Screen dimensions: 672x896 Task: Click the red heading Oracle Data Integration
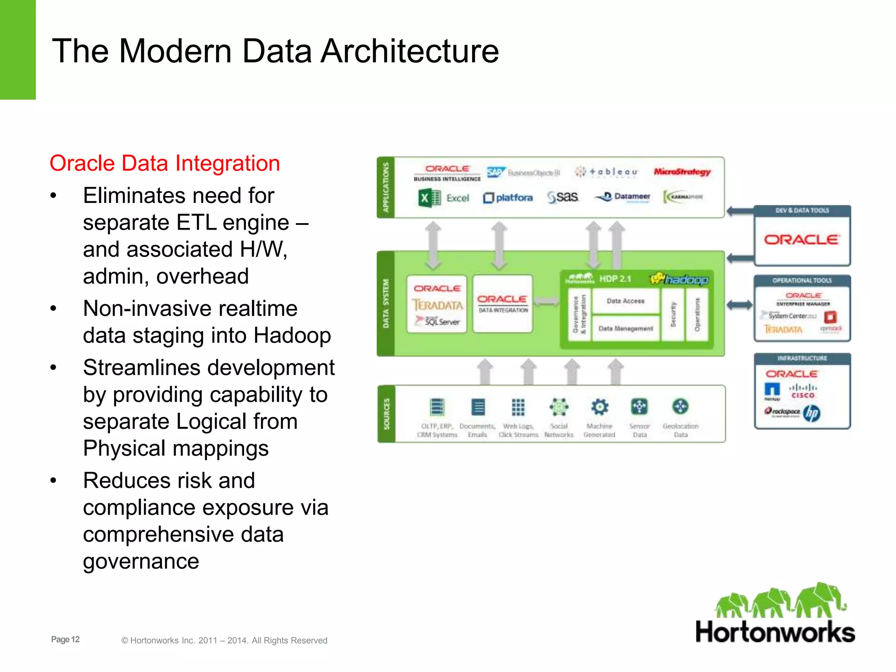(164, 163)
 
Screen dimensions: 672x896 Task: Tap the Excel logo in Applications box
(443, 198)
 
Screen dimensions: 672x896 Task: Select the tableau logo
(606, 172)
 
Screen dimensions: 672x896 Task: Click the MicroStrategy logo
(682, 172)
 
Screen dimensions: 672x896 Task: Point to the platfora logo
(508, 198)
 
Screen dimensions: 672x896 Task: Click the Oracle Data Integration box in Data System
(502, 304)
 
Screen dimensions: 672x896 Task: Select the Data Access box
(625, 301)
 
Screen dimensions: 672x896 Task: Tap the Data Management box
(625, 329)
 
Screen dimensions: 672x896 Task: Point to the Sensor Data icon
(639, 407)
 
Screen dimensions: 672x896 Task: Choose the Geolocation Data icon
(680, 407)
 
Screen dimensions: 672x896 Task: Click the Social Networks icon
(559, 407)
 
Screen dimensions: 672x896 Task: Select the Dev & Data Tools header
(802, 210)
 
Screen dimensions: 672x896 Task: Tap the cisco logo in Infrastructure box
(803, 391)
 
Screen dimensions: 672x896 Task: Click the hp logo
(812, 413)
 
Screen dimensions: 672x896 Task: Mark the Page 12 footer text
(65, 639)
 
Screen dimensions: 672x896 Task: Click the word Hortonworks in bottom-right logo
(775, 632)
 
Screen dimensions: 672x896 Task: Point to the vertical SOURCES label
(386, 413)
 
